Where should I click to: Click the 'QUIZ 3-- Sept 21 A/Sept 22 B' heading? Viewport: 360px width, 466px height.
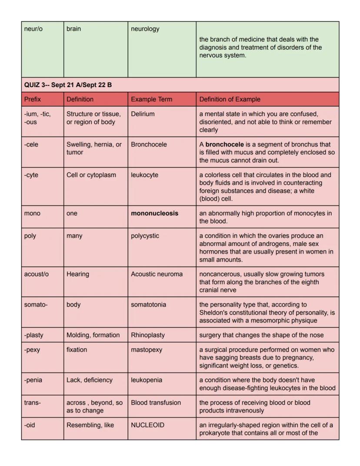[68, 85]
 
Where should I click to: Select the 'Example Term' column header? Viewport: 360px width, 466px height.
[151, 99]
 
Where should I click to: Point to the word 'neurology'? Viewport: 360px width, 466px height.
[145, 29]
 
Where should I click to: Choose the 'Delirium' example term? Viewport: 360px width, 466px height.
[143, 114]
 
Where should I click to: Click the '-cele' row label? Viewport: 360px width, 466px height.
[31, 144]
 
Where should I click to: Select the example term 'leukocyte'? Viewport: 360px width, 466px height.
[145, 175]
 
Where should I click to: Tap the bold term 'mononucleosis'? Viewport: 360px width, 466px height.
[154, 213]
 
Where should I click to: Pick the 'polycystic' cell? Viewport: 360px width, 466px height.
[145, 236]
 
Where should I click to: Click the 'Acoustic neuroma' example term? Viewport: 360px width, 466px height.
[157, 274]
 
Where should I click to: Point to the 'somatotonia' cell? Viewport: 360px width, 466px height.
[148, 305]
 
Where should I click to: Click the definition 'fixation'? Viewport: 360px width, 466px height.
[77, 350]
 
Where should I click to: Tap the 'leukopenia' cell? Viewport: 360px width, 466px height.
[146, 380]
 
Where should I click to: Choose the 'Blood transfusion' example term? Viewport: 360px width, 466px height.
[156, 402]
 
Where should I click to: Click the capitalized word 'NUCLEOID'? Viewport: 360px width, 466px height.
[147, 425]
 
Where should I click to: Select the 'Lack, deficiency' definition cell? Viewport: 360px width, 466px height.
[90, 380]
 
